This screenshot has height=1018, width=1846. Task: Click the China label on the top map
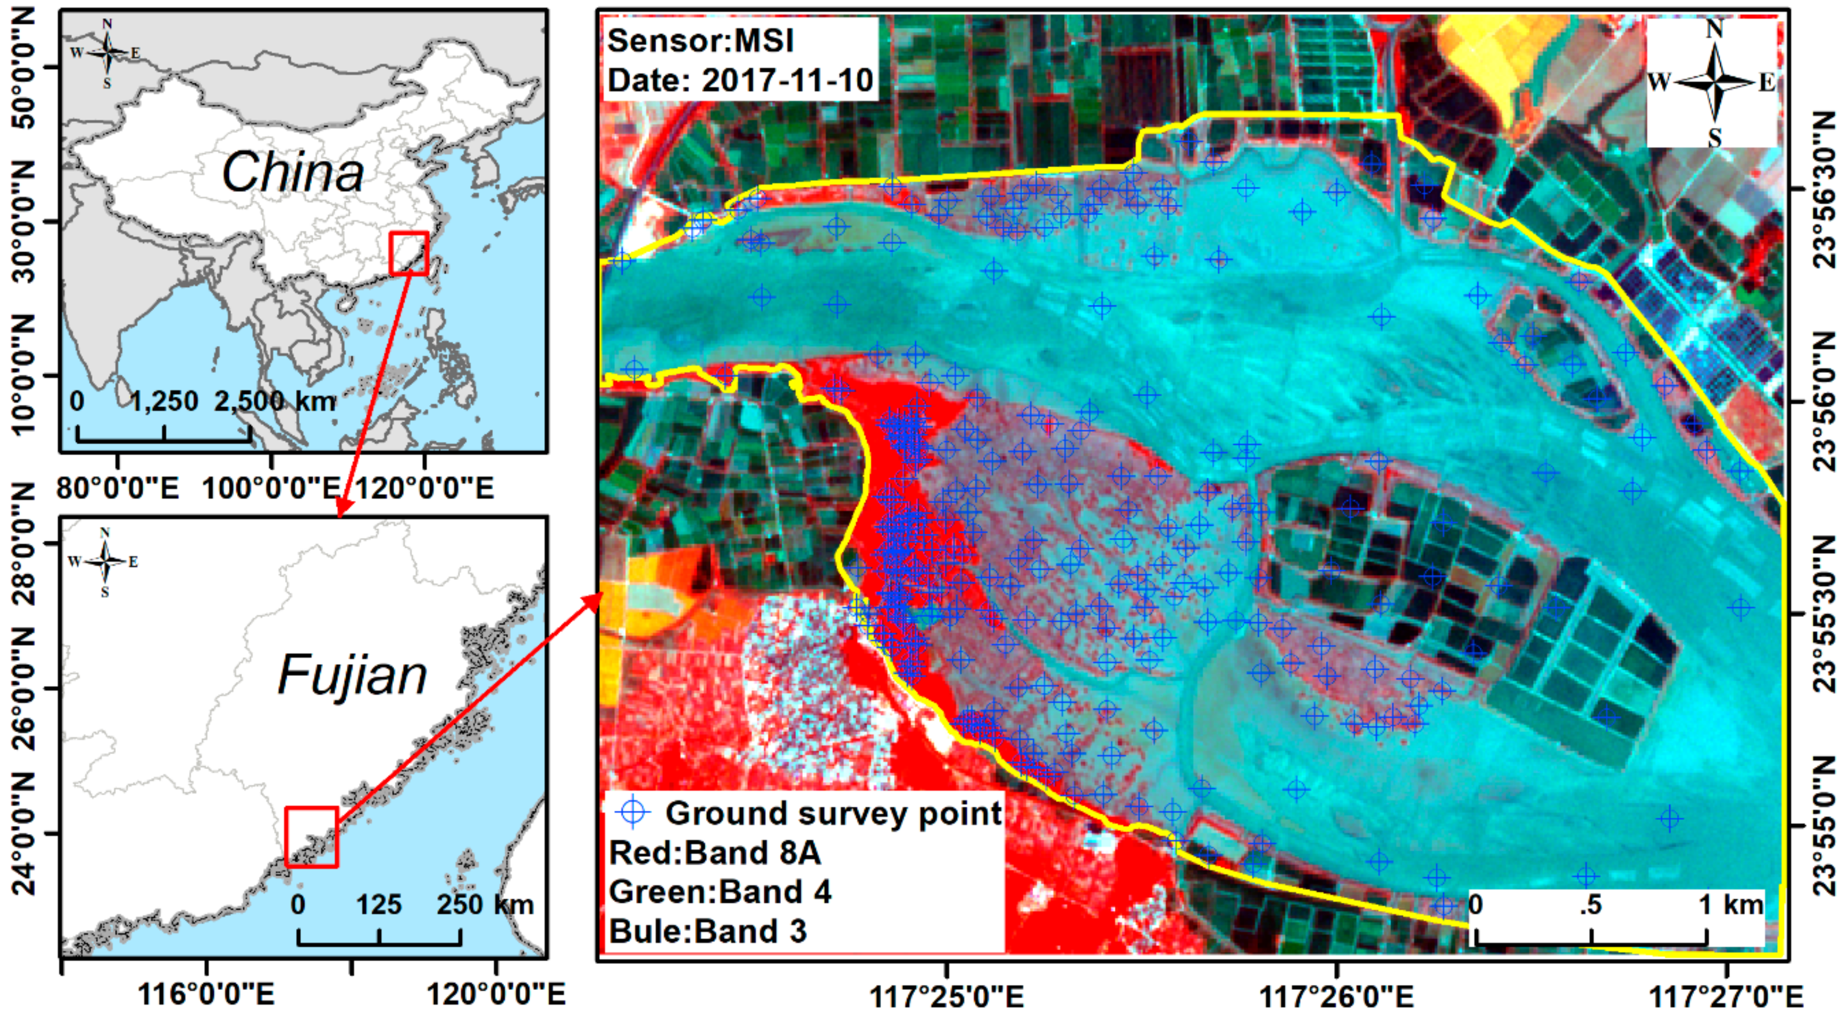click(x=292, y=172)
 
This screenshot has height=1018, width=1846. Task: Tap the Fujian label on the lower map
click(x=352, y=675)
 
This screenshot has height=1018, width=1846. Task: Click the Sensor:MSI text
click(x=700, y=40)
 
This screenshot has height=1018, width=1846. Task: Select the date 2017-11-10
click(x=787, y=79)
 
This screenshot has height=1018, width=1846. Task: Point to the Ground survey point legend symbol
click(x=634, y=812)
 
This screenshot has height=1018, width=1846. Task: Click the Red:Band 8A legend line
click(x=715, y=852)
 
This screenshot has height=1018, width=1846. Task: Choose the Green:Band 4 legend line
click(x=720, y=892)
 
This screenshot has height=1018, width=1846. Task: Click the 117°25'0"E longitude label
click(x=947, y=996)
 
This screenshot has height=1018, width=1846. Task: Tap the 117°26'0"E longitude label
click(x=1337, y=996)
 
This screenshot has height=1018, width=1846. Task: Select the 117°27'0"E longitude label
click(x=1726, y=996)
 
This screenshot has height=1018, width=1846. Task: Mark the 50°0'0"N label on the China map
click(x=25, y=68)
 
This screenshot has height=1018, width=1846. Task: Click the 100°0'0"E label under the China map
click(x=271, y=488)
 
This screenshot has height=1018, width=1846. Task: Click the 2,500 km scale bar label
click(x=275, y=401)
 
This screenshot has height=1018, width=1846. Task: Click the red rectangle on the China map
click(x=409, y=253)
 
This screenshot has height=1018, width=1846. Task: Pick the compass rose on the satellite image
click(x=1714, y=82)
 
